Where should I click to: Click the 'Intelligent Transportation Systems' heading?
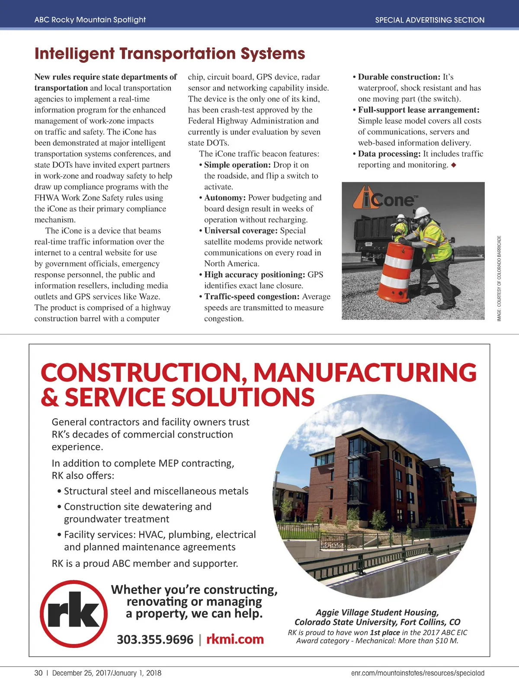click(x=170, y=54)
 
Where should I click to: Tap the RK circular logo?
click(x=74, y=613)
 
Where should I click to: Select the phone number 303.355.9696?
click(x=155, y=639)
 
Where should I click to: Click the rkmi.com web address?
click(x=235, y=639)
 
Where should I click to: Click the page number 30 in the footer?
click(x=38, y=673)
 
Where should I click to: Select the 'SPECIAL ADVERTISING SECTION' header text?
click(x=429, y=20)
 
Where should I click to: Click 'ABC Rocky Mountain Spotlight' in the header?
click(x=90, y=20)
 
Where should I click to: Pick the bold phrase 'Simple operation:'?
click(x=237, y=165)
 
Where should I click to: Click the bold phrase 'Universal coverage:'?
click(x=241, y=231)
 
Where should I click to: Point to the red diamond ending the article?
click(x=453, y=165)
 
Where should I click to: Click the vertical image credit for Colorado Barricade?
click(x=499, y=278)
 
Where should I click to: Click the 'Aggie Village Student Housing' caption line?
click(x=377, y=612)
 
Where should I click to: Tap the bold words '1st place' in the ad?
click(x=384, y=632)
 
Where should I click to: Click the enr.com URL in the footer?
click(x=417, y=673)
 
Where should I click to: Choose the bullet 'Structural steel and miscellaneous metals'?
click(x=156, y=491)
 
